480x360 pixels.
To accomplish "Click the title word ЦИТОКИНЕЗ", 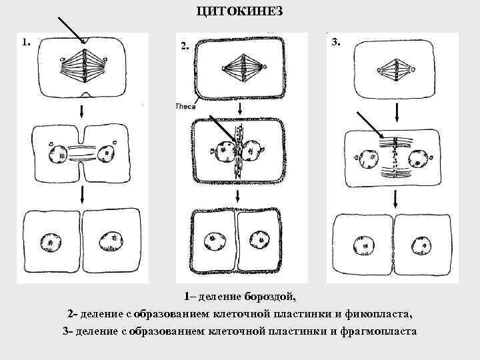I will (x=240, y=11).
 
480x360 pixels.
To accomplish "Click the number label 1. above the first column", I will (x=25, y=42).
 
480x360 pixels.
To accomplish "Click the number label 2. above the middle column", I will (x=185, y=47).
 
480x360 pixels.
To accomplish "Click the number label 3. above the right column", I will (x=336, y=42).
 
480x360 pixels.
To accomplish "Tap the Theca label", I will (x=185, y=106).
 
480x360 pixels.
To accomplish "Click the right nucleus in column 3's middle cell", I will (x=418, y=159).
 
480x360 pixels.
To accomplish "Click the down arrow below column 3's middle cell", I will (x=396, y=198).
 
